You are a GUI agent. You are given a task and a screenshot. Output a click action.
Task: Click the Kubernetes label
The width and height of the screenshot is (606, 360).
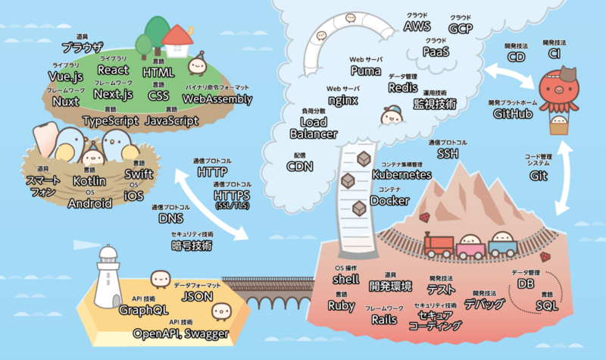coord(403,174)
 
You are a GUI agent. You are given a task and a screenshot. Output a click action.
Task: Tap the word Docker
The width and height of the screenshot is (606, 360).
coord(389,201)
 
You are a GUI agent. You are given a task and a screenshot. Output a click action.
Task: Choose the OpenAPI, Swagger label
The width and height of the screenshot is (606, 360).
coord(181,333)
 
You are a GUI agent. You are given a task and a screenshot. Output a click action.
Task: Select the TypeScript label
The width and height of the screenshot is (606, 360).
coord(111,120)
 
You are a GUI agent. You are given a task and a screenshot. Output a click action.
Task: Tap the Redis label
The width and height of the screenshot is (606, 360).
coord(403,89)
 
